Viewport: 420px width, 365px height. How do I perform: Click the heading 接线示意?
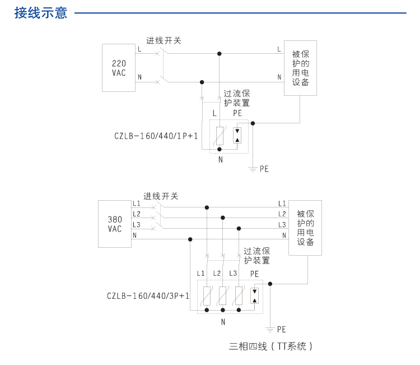click(x=41, y=13)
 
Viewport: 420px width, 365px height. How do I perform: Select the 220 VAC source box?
click(x=119, y=68)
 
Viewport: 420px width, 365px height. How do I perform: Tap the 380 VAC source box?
click(x=114, y=224)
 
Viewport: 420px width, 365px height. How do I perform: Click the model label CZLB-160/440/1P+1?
click(x=156, y=136)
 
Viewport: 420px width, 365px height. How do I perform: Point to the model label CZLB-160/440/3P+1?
click(x=148, y=295)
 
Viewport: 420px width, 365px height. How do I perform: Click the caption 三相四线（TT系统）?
click(x=270, y=346)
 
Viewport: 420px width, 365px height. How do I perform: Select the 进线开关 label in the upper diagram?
click(x=164, y=40)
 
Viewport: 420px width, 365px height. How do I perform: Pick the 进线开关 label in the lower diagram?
click(x=161, y=196)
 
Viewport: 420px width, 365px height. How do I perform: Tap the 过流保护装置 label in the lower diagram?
click(x=257, y=256)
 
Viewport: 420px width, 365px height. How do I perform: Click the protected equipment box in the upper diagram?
click(x=300, y=68)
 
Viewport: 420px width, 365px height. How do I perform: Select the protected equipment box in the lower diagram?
click(x=305, y=228)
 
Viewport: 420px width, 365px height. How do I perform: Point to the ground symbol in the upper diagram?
click(x=253, y=168)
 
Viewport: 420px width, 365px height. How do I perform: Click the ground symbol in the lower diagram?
click(x=270, y=329)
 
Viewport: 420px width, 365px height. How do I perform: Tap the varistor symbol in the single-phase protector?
click(x=219, y=136)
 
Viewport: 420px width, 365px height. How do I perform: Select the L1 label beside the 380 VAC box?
click(x=137, y=204)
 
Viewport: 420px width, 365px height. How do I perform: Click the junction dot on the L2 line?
click(x=223, y=218)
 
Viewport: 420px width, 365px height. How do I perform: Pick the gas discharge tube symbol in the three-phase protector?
click(x=255, y=295)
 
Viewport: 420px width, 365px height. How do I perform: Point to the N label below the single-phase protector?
click(x=220, y=160)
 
